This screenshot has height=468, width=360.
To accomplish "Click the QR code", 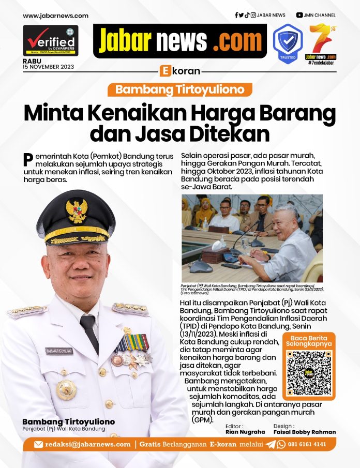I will (309, 373).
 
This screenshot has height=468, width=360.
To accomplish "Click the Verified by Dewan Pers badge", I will (51, 40).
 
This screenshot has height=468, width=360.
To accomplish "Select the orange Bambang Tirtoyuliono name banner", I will (180, 89).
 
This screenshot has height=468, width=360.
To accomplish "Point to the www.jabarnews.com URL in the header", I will (55, 16).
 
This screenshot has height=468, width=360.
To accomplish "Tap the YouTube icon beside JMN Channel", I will (299, 16).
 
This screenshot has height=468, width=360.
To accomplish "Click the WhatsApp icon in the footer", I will (281, 444).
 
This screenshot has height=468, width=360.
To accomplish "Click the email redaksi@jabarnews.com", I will (87, 444).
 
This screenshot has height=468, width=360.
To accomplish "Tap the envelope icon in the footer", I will (38, 444).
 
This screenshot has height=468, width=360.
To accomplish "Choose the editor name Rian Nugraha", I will (246, 432).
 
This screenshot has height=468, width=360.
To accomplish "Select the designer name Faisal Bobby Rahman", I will (305, 432).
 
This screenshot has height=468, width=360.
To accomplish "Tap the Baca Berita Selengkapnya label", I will (309, 340).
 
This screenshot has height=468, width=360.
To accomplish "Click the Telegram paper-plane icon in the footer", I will (270, 444).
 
